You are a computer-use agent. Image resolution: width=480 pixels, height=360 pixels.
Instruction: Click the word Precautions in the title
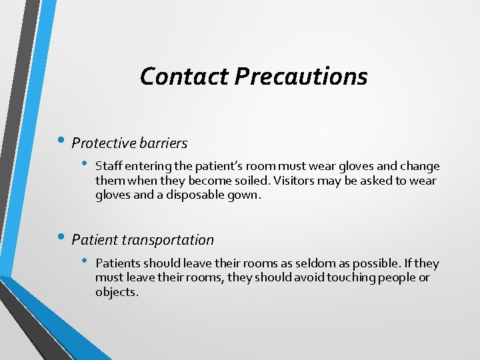pyautogui.click(x=301, y=76)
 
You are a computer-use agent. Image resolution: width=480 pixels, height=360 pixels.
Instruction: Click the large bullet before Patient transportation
pyautogui.click(x=62, y=239)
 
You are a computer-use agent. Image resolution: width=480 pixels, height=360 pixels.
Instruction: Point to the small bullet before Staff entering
pyautogui.click(x=85, y=164)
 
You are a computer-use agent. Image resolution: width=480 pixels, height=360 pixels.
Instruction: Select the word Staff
pyautogui.click(x=107, y=166)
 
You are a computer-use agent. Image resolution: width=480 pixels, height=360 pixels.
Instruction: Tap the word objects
pyautogui.click(x=116, y=292)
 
